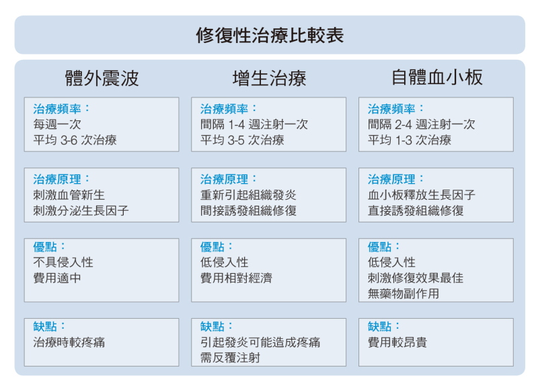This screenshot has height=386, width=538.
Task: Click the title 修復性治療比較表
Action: (x=270, y=35)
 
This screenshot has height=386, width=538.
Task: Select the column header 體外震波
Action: (x=102, y=78)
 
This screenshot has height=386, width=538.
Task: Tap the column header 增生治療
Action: (x=270, y=78)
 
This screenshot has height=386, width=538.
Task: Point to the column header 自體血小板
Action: (x=436, y=77)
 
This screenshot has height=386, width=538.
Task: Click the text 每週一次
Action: (x=57, y=124)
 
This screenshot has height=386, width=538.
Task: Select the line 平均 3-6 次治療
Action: (x=75, y=140)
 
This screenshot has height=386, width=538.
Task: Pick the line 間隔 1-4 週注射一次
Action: (x=254, y=124)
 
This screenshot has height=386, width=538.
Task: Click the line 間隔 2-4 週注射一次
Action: (x=422, y=124)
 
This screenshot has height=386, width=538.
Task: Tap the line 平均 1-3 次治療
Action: (x=410, y=140)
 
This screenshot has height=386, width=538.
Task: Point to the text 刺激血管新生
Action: (x=69, y=195)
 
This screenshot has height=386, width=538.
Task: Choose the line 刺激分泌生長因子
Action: (x=81, y=210)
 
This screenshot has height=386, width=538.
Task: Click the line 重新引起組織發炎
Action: (x=248, y=195)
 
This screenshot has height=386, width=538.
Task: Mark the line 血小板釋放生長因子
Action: (x=422, y=195)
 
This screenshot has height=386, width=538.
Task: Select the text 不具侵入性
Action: (x=63, y=262)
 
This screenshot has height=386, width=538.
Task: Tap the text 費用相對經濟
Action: (x=237, y=278)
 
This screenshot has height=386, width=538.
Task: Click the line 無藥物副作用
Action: (x=403, y=294)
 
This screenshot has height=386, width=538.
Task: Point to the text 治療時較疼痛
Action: (x=69, y=342)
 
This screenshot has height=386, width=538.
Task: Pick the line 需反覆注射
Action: (x=230, y=358)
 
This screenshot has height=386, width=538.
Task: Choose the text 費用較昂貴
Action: (x=397, y=342)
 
